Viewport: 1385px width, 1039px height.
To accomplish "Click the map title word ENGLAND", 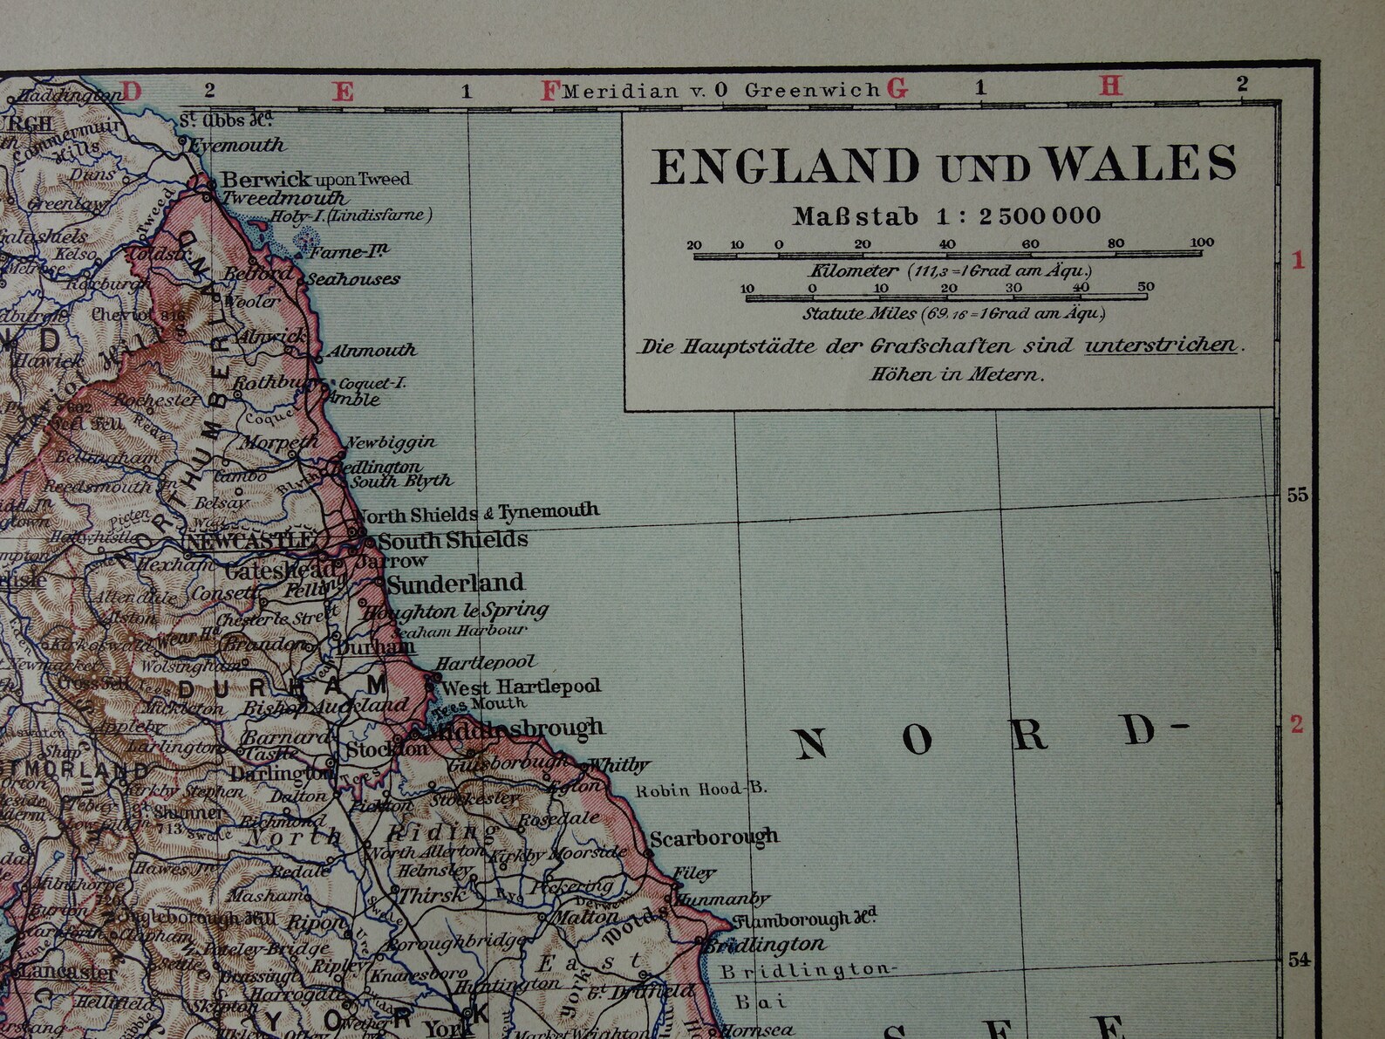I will [x=786, y=166].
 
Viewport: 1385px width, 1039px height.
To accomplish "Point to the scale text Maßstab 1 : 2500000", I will [x=946, y=216].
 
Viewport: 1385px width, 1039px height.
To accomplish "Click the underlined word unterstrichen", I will [x=1161, y=345].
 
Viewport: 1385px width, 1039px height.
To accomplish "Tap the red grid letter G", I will [x=897, y=88].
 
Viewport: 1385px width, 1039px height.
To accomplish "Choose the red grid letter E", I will [x=345, y=92].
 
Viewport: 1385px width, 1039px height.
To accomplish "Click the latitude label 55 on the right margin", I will [x=1298, y=495].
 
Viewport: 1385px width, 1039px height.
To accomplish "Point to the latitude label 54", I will [x=1298, y=960].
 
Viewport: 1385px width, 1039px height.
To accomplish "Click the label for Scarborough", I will [x=713, y=838].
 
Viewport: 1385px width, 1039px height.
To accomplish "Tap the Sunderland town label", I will [x=455, y=583].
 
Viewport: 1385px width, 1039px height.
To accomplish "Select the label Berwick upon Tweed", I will [x=315, y=180].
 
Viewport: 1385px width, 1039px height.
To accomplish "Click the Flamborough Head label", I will [x=804, y=919].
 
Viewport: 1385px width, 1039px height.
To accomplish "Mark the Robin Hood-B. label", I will [x=701, y=790].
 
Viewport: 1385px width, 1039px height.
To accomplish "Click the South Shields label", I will [x=452, y=540].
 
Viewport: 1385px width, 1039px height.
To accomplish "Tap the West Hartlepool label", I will [x=521, y=687].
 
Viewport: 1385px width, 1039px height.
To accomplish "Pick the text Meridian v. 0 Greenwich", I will [x=720, y=90].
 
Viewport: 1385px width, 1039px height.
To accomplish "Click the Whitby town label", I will [x=619, y=765].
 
